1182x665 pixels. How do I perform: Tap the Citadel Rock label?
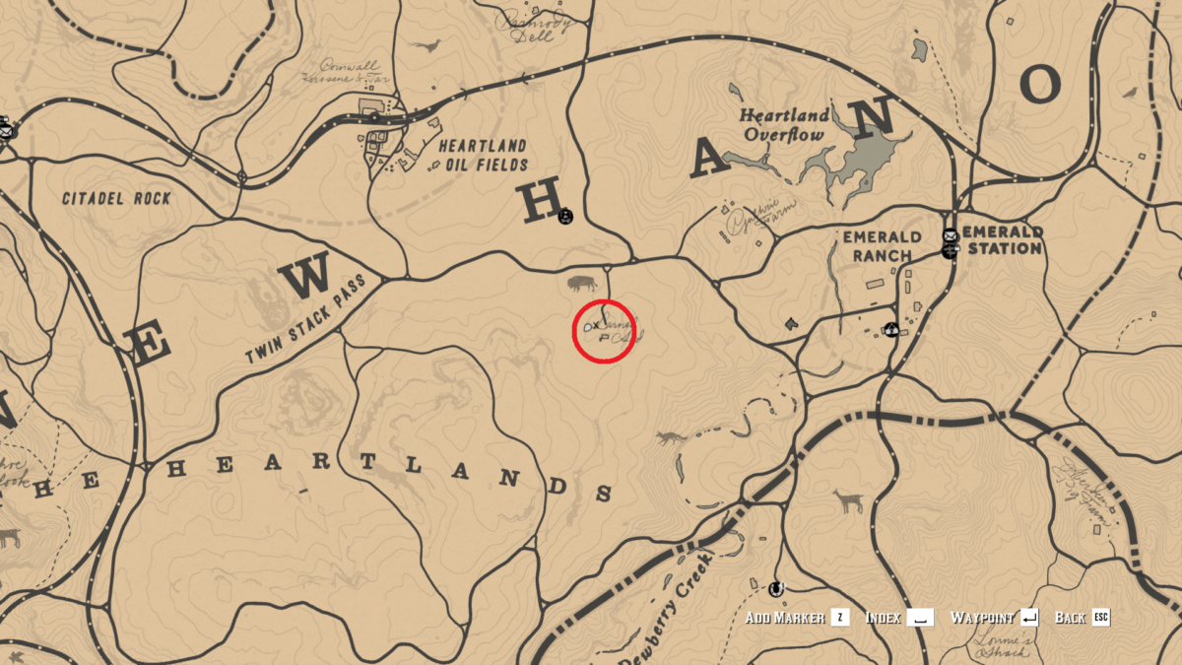pyautogui.click(x=116, y=198)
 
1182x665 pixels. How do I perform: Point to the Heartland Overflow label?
pyautogui.click(x=784, y=125)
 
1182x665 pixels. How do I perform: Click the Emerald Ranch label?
pyautogui.click(x=882, y=246)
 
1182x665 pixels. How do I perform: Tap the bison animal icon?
pyautogui.click(x=581, y=285)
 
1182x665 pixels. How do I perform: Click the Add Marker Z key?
pyautogui.click(x=839, y=618)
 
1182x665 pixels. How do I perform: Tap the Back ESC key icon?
pyautogui.click(x=1100, y=618)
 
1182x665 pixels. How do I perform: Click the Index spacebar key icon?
pyautogui.click(x=920, y=618)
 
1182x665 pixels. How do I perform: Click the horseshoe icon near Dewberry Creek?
pyautogui.click(x=776, y=588)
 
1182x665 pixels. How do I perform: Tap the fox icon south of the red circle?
pyautogui.click(x=670, y=437)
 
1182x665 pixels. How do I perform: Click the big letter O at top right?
pyautogui.click(x=1040, y=85)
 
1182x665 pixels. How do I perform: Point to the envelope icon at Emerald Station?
pyautogui.click(x=950, y=235)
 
